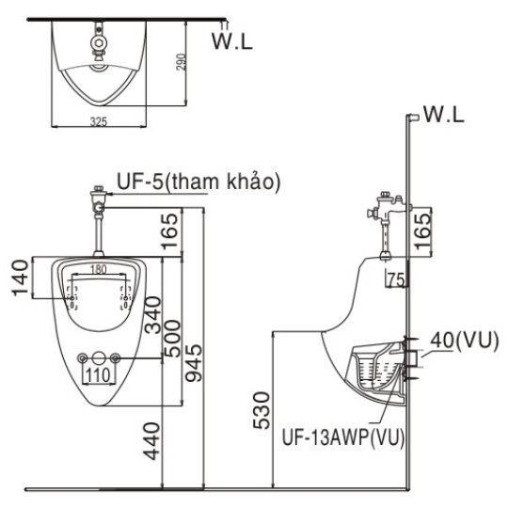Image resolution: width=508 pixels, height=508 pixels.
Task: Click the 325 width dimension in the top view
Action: click(x=98, y=121)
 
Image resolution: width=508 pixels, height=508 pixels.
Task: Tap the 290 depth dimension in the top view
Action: click(x=182, y=61)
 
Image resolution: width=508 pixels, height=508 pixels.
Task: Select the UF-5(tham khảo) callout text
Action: click(x=198, y=182)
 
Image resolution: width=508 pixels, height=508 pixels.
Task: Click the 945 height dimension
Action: click(x=194, y=362)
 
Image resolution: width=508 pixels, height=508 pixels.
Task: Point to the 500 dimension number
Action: click(x=172, y=338)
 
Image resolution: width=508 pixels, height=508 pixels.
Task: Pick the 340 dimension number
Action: click(x=152, y=315)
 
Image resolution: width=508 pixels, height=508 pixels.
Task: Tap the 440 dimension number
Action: click(x=152, y=441)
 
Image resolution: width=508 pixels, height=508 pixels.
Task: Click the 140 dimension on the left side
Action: click(x=20, y=278)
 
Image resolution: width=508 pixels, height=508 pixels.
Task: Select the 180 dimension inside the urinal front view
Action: click(x=99, y=269)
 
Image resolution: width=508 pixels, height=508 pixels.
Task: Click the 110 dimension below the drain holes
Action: click(x=98, y=375)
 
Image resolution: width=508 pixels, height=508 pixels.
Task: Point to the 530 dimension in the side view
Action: click(x=262, y=410)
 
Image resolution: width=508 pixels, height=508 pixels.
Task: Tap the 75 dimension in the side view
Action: click(x=396, y=280)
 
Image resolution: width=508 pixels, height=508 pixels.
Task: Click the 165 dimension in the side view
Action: click(x=423, y=231)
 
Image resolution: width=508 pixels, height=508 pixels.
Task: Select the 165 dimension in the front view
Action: click(x=170, y=231)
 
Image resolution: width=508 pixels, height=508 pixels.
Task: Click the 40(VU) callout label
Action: click(x=465, y=341)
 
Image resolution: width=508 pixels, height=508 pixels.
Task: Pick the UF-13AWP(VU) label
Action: click(x=343, y=437)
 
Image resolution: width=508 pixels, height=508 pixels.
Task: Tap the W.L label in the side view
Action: click(x=444, y=114)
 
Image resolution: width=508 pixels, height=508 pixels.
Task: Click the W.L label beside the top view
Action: click(x=232, y=40)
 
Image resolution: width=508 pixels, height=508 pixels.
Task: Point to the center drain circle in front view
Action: click(x=99, y=358)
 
